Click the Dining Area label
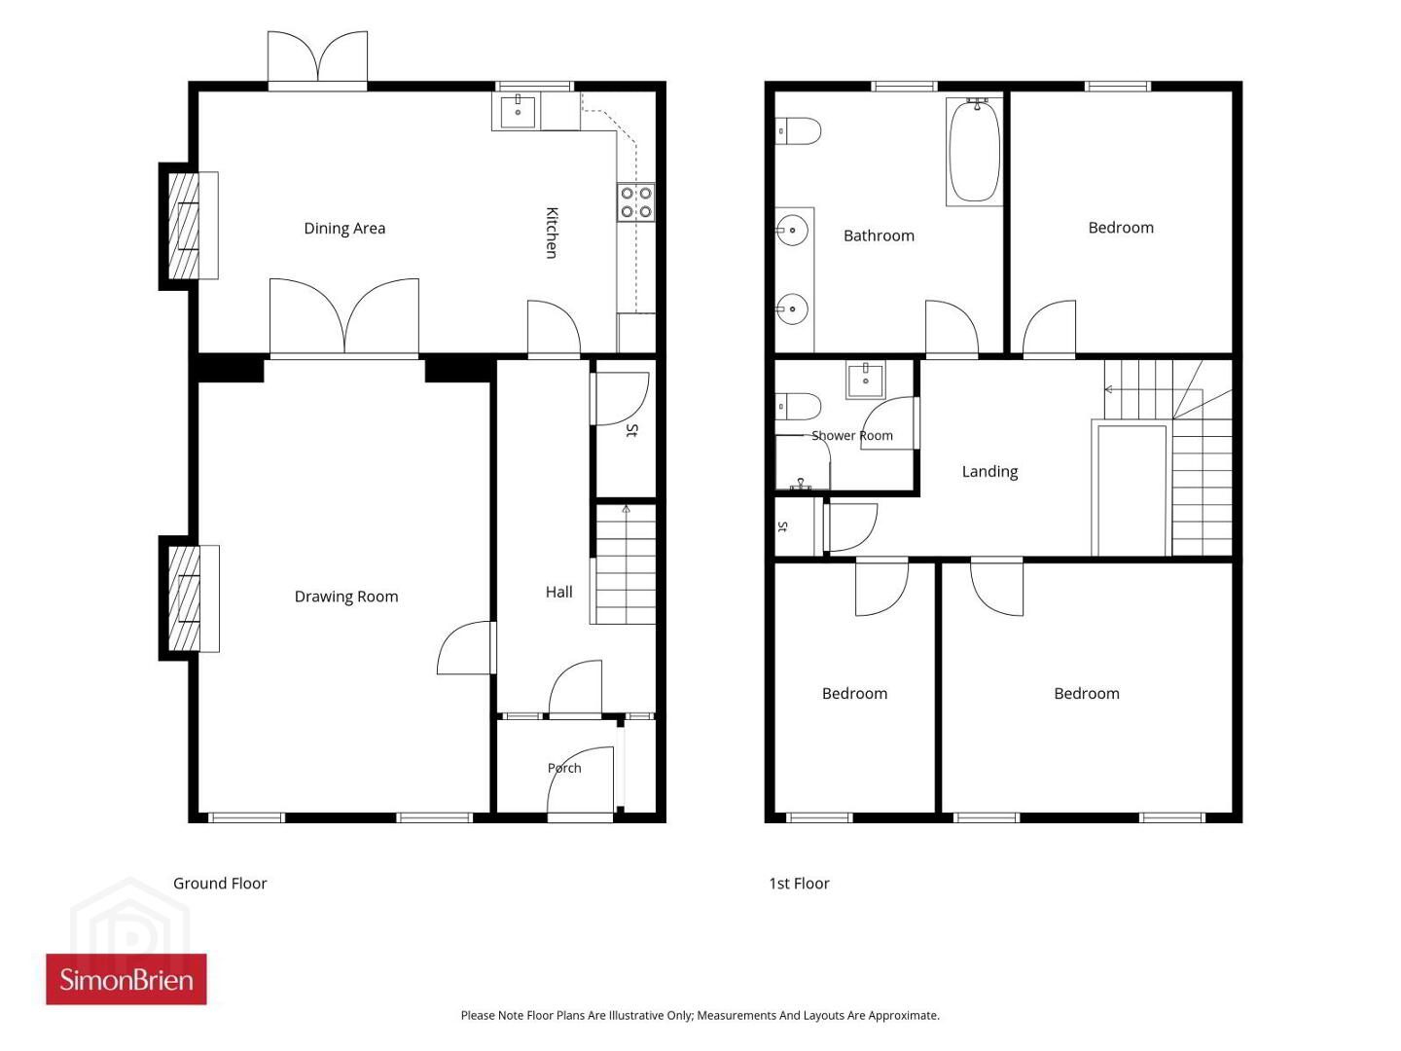[344, 229]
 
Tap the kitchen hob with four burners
[636, 202]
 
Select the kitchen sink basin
[517, 111]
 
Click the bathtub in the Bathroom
[974, 151]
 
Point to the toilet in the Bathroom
[797, 130]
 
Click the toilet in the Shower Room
[797, 407]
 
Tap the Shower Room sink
[866, 380]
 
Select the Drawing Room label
[346, 597]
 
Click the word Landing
[989, 472]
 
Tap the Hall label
[558, 593]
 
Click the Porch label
[564, 769]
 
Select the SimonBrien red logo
[126, 980]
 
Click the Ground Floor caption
[220, 884]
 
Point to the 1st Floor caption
[799, 884]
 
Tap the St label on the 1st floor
[782, 526]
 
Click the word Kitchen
[552, 233]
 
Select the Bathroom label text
[879, 236]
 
